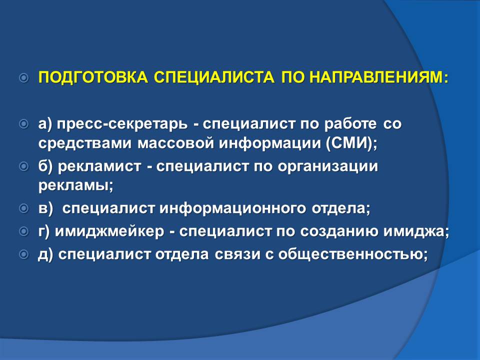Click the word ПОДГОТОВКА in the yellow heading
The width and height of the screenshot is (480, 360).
(93, 77)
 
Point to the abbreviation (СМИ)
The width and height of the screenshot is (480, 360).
(348, 143)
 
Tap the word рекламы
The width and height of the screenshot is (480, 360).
(73, 186)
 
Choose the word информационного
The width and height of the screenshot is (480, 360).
(232, 209)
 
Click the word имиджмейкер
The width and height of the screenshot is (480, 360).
(109, 231)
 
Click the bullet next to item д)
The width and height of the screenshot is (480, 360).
(24, 254)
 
